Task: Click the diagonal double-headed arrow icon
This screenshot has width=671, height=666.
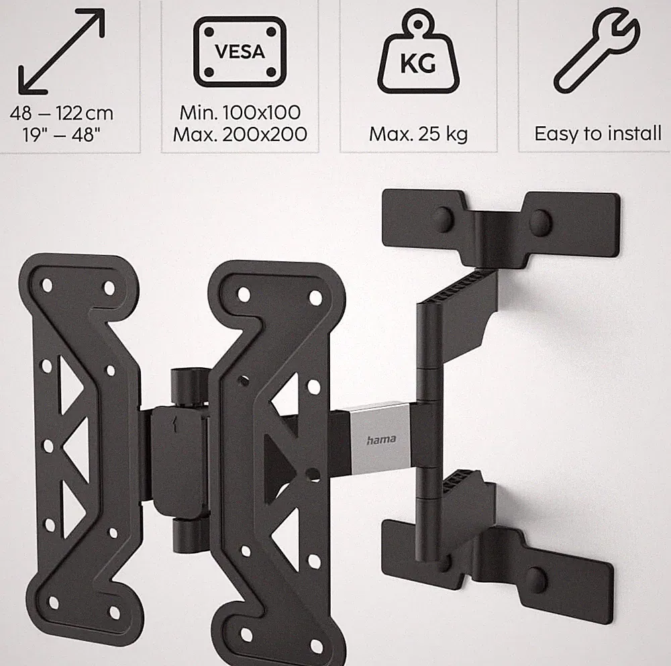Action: pos(61,52)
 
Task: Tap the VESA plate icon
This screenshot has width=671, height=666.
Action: pos(240,52)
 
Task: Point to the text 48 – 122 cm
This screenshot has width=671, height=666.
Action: pos(62,113)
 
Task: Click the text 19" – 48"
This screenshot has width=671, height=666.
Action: pos(62,135)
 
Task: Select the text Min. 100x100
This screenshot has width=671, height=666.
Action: pos(240,113)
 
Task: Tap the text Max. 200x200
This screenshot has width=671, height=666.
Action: pos(240,134)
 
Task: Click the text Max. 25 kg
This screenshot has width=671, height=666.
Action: pos(419,134)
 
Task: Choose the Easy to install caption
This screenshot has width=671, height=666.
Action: pos(598,134)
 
